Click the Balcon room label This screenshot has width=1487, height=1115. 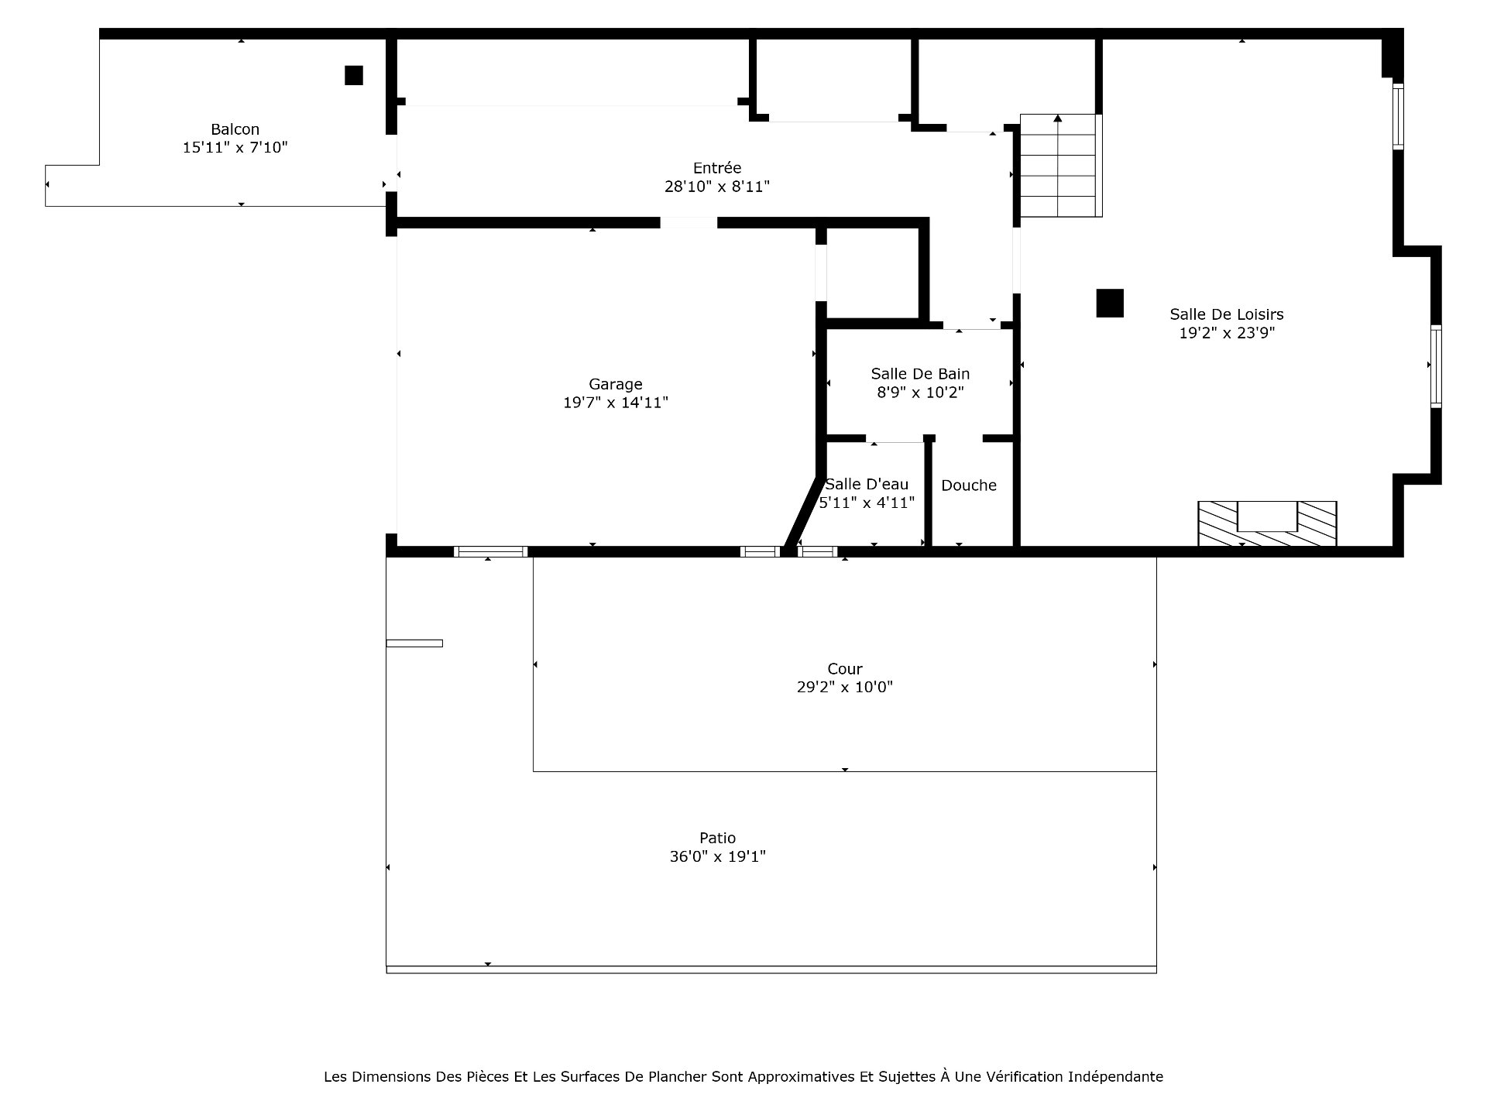[235, 129]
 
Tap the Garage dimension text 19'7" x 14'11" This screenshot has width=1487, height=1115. [616, 403]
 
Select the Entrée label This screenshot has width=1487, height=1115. [717, 168]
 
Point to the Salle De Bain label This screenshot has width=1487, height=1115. [920, 374]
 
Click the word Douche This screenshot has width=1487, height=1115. [969, 485]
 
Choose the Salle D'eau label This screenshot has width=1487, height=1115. [867, 485]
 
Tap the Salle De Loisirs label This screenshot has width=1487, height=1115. [1227, 314]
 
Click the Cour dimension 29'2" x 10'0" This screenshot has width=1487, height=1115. [845, 687]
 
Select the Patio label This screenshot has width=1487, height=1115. [718, 838]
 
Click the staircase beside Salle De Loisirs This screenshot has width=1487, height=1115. [1060, 166]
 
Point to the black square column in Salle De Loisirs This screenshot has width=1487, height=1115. [1110, 303]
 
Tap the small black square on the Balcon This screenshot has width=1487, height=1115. [354, 75]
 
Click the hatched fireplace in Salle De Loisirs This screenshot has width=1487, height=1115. [1267, 523]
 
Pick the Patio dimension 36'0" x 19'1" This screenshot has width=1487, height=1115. [718, 856]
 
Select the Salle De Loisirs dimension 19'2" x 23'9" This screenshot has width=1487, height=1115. [1227, 333]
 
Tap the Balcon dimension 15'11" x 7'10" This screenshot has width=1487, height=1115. [235, 147]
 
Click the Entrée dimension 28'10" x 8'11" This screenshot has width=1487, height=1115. [717, 187]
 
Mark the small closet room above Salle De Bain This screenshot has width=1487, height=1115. [872, 273]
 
